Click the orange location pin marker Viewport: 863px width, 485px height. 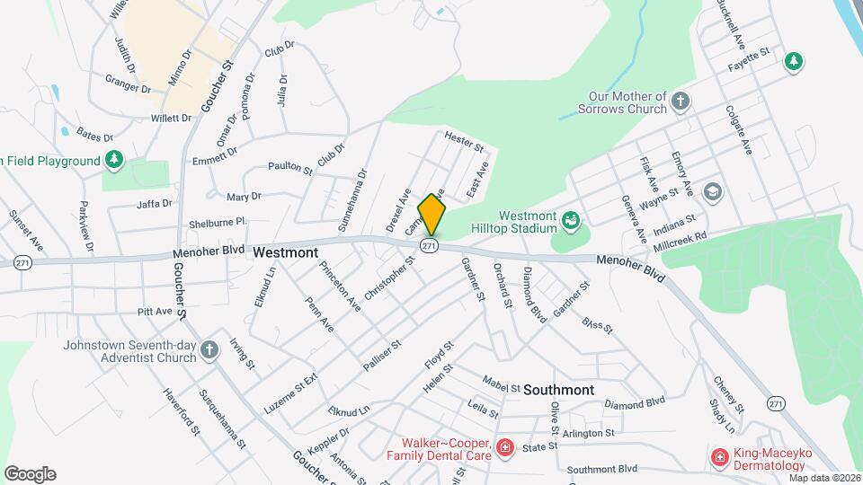(431, 215)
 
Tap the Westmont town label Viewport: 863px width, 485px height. (285, 253)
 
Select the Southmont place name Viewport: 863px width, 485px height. (558, 390)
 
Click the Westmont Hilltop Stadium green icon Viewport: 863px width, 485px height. (569, 220)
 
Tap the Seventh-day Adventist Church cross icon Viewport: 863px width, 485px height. (209, 350)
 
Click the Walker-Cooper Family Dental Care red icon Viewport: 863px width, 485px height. (505, 447)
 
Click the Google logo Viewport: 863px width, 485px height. (30, 474)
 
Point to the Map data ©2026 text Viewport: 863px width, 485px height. (823, 478)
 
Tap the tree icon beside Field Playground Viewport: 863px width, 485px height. (114, 161)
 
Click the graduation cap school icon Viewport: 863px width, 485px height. (713, 191)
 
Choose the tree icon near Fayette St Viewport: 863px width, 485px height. (793, 61)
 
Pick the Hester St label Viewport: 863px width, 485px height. (464, 141)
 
